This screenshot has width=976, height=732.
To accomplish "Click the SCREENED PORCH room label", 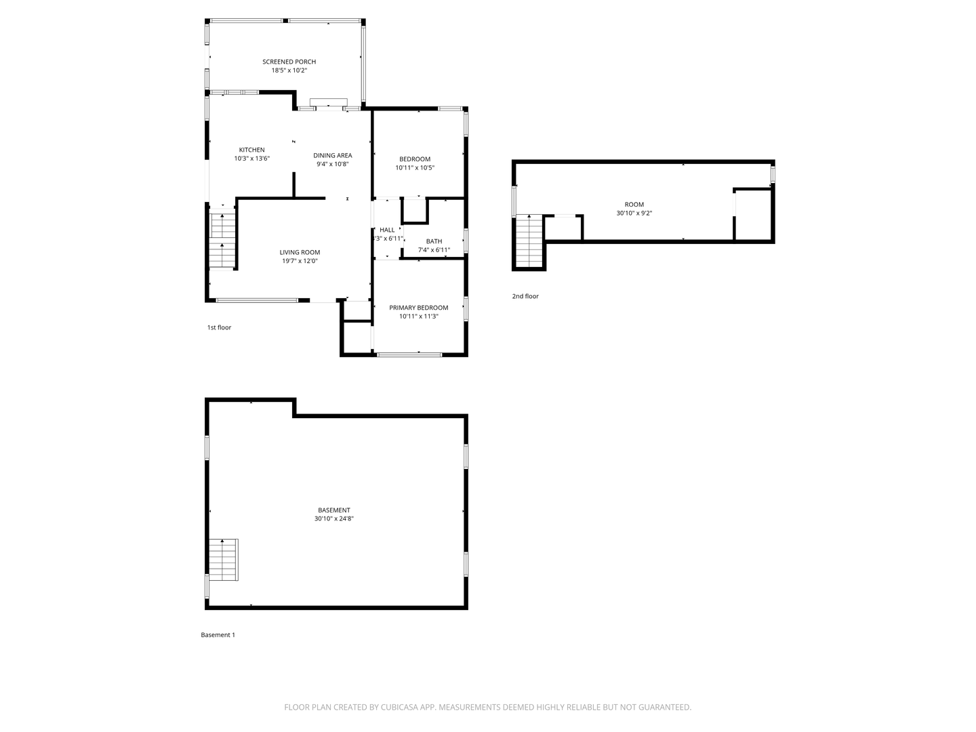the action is pos(289,62).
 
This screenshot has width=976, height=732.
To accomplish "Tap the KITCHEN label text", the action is pos(251,150).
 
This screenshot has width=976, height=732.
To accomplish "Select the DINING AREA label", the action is pos(333,155).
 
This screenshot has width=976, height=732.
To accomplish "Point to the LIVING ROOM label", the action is pos(300,252).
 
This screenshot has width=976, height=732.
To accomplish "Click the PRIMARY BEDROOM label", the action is pos(418,308).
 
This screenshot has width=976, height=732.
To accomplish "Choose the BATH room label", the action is pos(434,241).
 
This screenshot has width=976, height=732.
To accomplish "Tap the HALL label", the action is pos(387,230).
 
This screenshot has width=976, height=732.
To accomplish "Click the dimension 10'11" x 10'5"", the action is pos(415,167).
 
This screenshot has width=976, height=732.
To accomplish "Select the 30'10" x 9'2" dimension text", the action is pos(634,213).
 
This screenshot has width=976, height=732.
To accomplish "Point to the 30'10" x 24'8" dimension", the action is pos(334,518).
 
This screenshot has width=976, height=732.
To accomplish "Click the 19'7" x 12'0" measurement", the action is pos(300,261).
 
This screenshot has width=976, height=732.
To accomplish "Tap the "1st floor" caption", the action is pos(219,327).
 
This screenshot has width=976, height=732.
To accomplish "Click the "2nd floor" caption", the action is pos(525,296).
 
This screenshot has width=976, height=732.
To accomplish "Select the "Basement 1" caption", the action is pos(218,634).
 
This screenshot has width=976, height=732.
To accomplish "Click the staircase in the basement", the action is pos(224,560).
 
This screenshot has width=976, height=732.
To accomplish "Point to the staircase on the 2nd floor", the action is pos(529,241).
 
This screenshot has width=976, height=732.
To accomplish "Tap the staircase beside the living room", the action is pos(222,241).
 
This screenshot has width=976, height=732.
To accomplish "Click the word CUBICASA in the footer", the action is pos(399,707).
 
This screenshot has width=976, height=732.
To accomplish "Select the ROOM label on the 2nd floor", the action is pos(634,205).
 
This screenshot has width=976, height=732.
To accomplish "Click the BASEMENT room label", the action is pos(334,510).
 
